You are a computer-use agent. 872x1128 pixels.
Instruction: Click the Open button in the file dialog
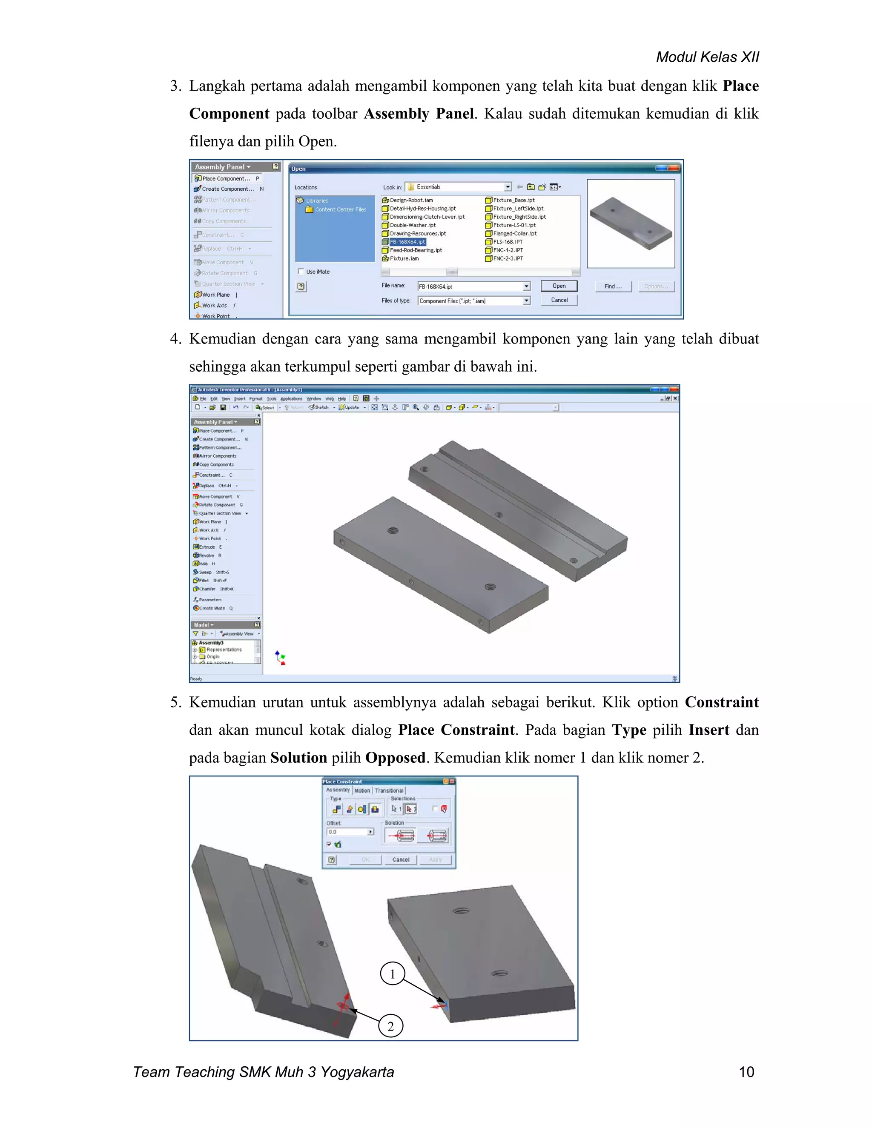coord(559,286)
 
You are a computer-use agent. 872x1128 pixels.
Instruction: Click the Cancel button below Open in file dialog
coord(559,300)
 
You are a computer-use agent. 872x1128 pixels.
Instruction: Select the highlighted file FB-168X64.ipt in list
coord(407,242)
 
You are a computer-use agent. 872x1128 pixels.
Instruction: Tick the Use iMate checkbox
coord(301,271)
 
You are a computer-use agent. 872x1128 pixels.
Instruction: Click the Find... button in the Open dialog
coord(613,286)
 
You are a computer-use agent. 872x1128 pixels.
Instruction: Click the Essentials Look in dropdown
coord(458,187)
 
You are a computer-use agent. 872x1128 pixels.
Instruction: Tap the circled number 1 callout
coord(392,974)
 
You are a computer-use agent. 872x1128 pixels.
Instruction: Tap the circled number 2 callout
coord(390,1026)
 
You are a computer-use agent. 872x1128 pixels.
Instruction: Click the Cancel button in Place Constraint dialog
coord(400,859)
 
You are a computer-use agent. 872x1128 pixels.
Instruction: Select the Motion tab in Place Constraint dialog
coord(362,790)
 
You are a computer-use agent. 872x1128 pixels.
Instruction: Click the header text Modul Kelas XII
coord(707,57)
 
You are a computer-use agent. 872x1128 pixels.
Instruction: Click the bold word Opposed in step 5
coord(395,758)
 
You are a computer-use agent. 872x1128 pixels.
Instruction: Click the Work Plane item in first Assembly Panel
coord(215,295)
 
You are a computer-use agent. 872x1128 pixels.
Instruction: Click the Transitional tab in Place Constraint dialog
coord(389,790)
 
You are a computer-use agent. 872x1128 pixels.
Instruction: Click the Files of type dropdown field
coord(473,301)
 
